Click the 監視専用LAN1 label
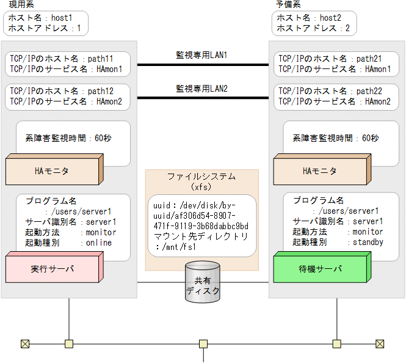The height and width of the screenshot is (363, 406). point(201,55)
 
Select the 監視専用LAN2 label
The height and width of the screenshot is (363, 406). point(201,89)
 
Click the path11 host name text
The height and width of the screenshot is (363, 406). point(100,59)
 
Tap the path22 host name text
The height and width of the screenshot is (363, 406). point(369,91)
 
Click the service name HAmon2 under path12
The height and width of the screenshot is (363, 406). point(109,101)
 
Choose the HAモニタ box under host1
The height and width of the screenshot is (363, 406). point(52,171)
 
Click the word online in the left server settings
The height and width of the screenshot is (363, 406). point(100,243)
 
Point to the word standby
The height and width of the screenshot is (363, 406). point(368,243)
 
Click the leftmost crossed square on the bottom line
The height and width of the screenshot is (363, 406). point(25,343)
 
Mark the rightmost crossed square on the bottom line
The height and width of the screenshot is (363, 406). point(380,343)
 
